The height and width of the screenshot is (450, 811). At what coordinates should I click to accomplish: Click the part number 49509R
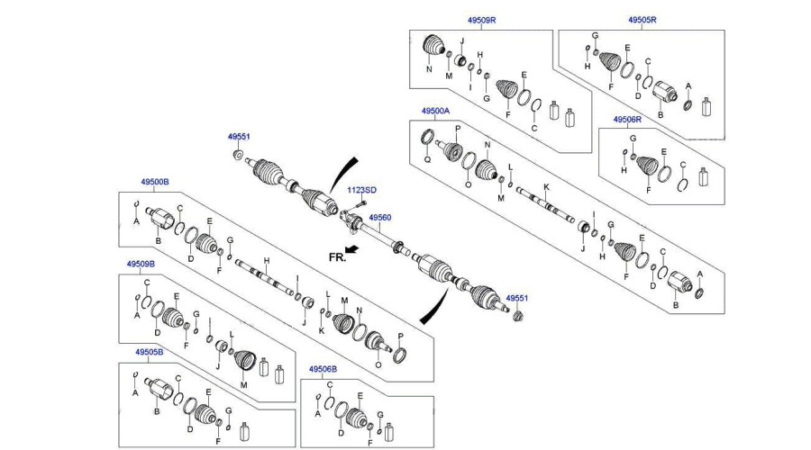[481, 20]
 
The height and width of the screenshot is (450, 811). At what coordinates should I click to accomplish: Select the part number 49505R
[642, 20]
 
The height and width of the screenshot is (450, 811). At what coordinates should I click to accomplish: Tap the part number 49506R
[627, 120]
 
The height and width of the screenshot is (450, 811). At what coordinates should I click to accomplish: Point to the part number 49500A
[435, 111]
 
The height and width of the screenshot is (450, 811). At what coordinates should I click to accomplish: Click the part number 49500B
[155, 182]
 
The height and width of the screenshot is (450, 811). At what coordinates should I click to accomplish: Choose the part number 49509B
[141, 264]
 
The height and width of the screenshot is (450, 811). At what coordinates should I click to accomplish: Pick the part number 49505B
[150, 352]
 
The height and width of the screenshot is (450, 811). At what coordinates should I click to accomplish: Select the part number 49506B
[323, 369]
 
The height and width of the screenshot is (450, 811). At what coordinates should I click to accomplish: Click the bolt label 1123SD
[361, 190]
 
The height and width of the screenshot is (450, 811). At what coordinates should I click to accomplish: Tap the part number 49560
[380, 218]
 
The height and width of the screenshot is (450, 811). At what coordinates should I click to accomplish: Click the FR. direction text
[337, 256]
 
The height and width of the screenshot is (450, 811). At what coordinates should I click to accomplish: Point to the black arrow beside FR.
[351, 249]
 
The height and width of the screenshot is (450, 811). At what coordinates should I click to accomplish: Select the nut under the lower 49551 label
[518, 315]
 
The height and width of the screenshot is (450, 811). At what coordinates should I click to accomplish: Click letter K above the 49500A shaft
[546, 187]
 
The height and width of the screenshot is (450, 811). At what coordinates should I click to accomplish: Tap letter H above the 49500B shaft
[267, 261]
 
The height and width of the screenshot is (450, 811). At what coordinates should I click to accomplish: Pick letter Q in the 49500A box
[427, 160]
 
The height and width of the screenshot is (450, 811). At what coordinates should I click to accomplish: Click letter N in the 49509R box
[429, 69]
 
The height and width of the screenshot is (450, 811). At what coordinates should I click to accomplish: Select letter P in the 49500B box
[400, 337]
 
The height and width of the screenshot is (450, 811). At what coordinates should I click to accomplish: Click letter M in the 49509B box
[243, 385]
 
